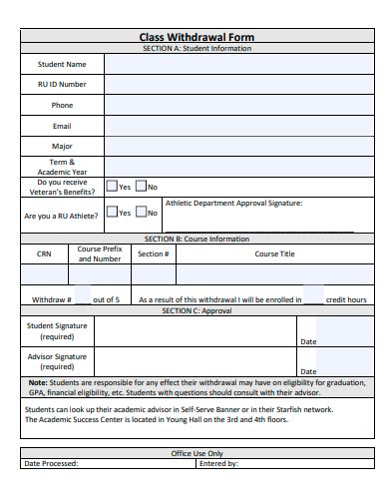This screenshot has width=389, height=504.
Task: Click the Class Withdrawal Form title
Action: [196, 37]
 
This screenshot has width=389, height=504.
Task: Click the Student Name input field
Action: [239, 64]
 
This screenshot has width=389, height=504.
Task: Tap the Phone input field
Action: [239, 105]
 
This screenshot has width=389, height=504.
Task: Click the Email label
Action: [62, 126]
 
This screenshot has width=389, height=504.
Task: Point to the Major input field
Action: [239, 146]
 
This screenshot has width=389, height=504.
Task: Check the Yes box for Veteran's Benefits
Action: [112, 187]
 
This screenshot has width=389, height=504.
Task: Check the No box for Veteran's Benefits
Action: [141, 187]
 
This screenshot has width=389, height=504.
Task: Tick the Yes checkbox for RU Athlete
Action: [112, 213]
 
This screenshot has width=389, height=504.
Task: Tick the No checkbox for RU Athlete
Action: [141, 213]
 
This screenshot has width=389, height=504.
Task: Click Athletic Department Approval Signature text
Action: [232, 203]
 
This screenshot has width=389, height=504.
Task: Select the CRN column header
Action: [44, 253]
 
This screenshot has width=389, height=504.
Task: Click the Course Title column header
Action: [274, 253]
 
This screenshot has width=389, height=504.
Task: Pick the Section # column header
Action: [153, 253]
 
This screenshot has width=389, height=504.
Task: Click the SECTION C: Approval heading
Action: [196, 310]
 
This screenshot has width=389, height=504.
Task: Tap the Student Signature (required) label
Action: [56, 331]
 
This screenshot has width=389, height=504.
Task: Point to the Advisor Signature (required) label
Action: [56, 361]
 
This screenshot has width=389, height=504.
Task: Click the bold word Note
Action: [37, 382]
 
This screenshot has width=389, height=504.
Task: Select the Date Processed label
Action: [50, 463]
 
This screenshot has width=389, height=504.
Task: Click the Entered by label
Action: [218, 463]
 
